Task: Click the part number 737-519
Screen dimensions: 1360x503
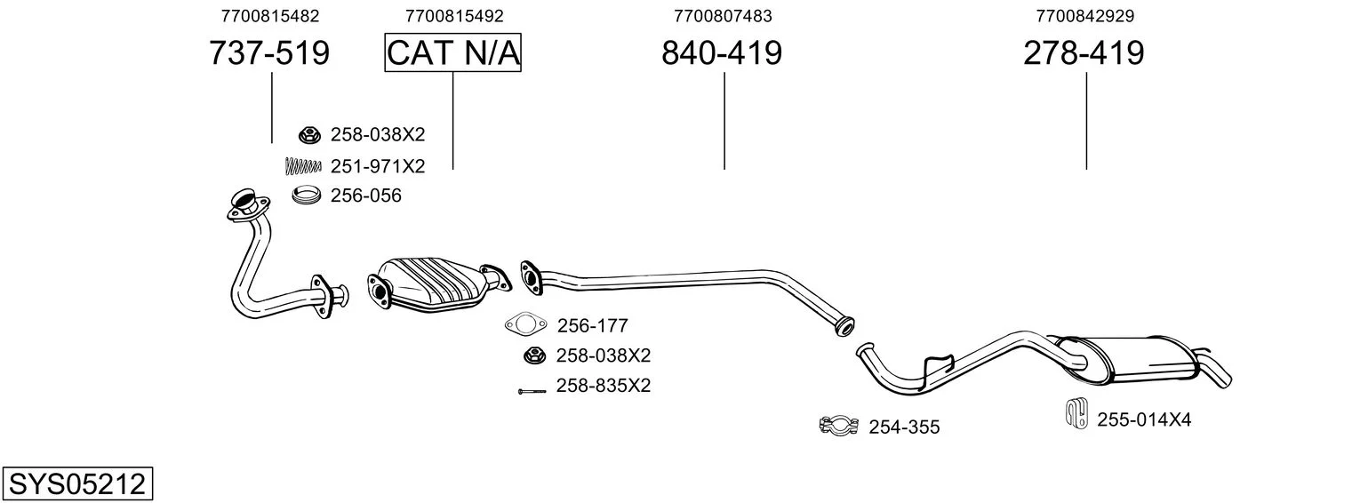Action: pos(269,52)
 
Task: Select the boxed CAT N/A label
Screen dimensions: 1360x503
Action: pos(453,52)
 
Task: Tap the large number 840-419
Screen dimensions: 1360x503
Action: pos(722,52)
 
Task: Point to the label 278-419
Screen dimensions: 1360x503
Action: pos(1084,52)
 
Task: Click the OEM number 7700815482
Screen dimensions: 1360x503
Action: pos(270,16)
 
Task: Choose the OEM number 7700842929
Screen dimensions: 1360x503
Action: pos(1085,16)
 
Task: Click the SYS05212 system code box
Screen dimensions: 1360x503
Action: pos(77,484)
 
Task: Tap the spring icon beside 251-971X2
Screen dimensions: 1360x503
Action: pos(302,165)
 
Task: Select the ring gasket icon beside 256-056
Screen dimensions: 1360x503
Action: pos(306,195)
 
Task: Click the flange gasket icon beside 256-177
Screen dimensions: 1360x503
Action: pos(526,324)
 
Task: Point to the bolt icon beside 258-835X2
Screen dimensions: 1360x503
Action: pos(532,391)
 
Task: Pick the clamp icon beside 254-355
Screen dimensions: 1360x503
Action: pos(838,426)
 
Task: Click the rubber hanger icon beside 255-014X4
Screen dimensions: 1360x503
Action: pos(1076,414)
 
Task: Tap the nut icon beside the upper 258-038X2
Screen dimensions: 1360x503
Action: pos(309,135)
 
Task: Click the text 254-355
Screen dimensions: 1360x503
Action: pos(904,427)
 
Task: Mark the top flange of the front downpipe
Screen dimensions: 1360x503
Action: pos(247,205)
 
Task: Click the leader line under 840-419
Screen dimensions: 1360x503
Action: pos(724,121)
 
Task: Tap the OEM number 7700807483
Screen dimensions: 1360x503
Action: pos(723,16)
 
